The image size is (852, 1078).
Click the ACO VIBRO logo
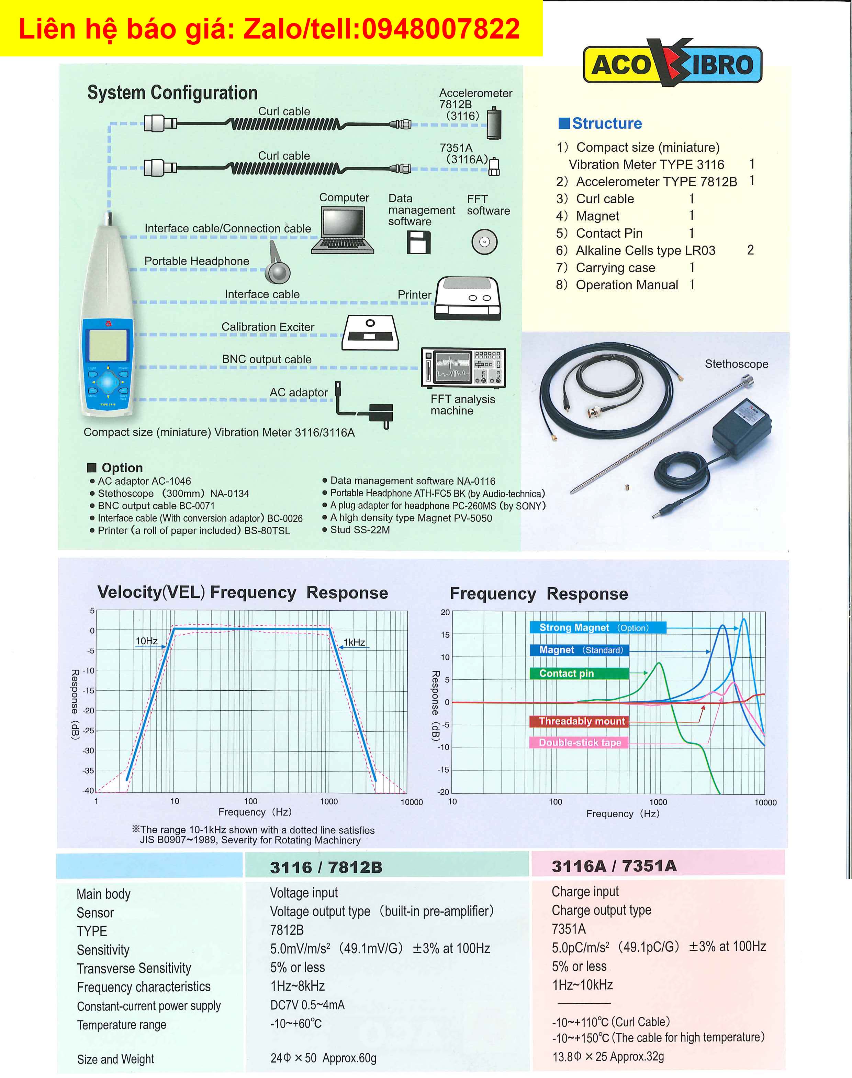(x=672, y=62)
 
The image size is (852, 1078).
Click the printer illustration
(x=468, y=299)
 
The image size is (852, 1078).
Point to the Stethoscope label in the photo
(x=736, y=364)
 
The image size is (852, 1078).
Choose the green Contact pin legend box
(x=579, y=673)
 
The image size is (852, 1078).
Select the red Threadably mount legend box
(x=579, y=721)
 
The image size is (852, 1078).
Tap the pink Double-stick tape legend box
(x=579, y=743)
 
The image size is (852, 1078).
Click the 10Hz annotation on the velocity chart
(x=147, y=640)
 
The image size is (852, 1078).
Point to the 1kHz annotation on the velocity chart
(x=354, y=642)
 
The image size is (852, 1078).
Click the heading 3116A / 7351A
(x=614, y=866)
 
